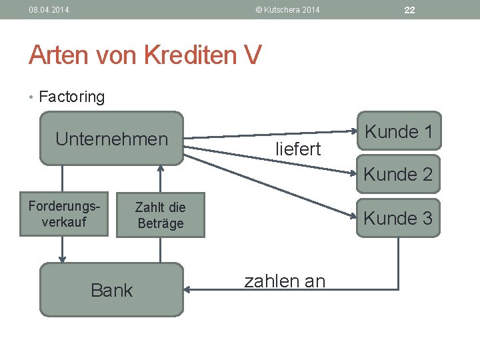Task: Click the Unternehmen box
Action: (x=111, y=139)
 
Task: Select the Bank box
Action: (x=111, y=290)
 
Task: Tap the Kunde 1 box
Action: (x=399, y=132)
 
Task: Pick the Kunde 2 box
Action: (x=399, y=175)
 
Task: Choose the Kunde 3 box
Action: (x=399, y=218)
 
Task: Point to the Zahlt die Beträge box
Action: (x=160, y=215)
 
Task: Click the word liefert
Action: (x=298, y=149)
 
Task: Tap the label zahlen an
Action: (x=285, y=281)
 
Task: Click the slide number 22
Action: (x=409, y=9)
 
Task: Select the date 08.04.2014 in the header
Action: (x=49, y=9)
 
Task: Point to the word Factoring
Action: (x=72, y=97)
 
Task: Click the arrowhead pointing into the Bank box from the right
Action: (x=188, y=289)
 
